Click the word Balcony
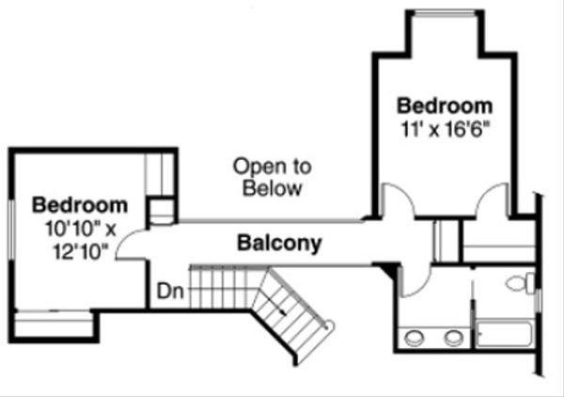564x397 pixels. [279, 244]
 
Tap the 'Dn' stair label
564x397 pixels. [170, 292]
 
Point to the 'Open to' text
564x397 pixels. [272, 167]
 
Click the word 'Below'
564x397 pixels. [272, 188]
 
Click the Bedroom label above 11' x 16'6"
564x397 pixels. [444, 103]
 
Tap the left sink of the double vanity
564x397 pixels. [413, 338]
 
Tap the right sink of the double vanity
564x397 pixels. [454, 338]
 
